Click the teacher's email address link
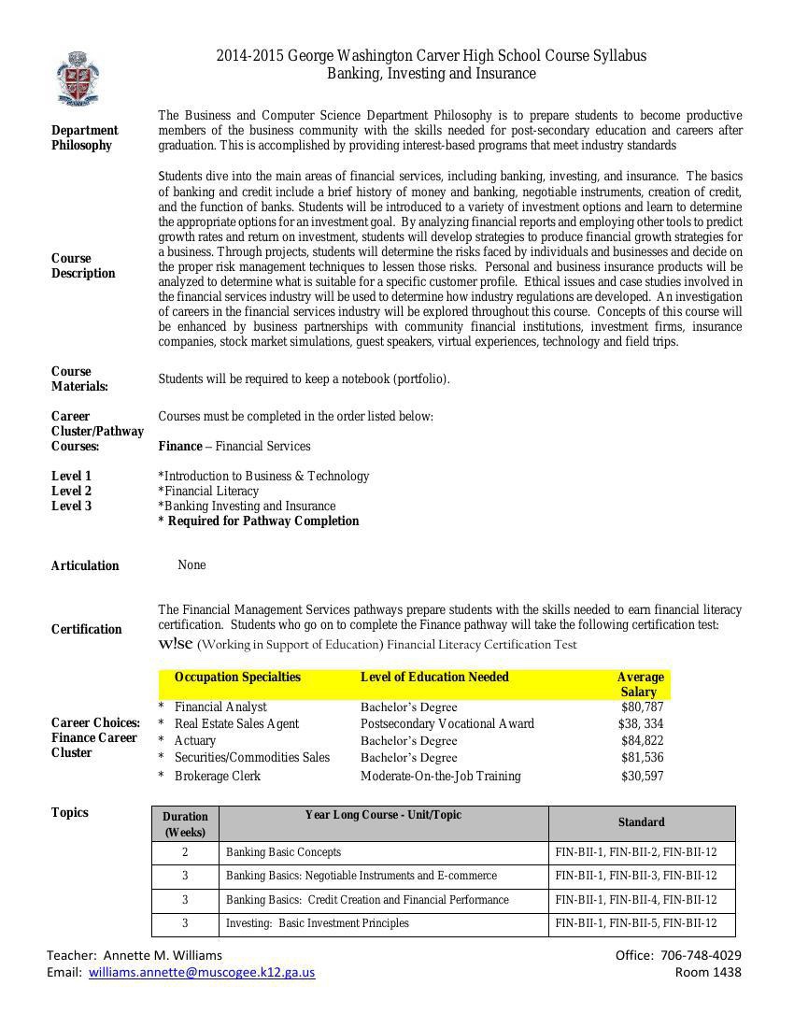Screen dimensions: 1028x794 202,972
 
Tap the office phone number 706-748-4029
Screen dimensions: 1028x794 701,955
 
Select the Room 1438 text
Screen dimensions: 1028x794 708,972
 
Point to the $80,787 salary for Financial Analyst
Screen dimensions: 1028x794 642,707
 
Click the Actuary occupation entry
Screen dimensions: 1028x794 194,740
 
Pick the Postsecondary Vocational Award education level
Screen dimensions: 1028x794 447,723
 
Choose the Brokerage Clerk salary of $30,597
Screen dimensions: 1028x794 642,776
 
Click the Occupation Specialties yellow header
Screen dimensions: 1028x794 237,678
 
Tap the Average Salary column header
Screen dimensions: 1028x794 640,684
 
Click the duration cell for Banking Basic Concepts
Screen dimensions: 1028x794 185,852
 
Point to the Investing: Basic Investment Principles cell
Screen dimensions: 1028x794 318,923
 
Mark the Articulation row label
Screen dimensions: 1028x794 85,565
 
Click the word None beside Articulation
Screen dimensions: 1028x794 191,564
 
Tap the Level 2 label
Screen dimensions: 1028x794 71,491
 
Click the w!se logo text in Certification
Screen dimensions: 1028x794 176,643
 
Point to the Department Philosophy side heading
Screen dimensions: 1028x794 84,137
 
